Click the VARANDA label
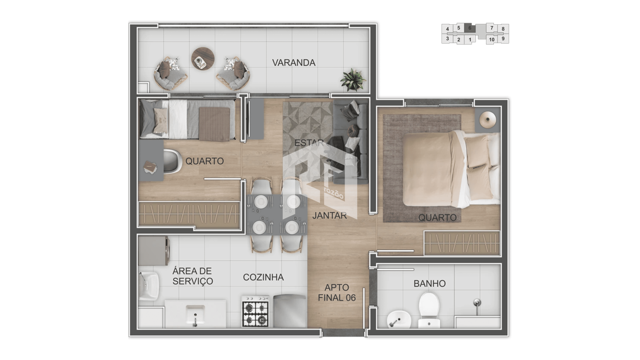(294, 63)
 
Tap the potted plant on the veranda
(353, 80)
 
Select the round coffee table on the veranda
(203, 58)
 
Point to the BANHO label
(429, 283)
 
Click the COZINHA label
(263, 277)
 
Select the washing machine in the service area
(154, 251)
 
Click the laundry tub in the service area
(149, 286)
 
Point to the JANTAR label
(329, 216)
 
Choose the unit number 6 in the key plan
(470, 28)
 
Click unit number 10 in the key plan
(492, 40)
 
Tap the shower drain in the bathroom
(477, 303)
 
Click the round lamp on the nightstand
(487, 119)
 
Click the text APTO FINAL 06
(337, 292)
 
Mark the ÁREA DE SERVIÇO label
(193, 276)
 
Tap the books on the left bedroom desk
(150, 167)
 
